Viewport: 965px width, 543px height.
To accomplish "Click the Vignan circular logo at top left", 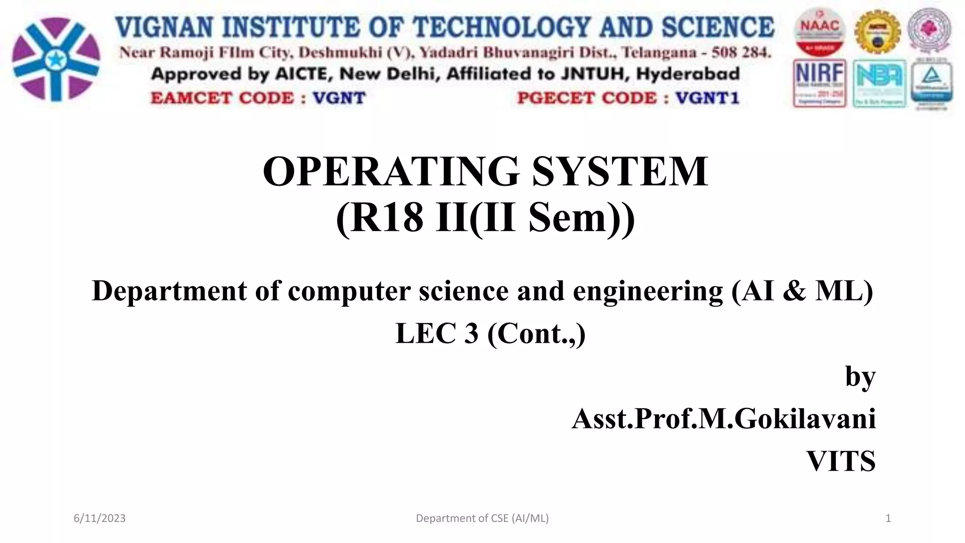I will (x=56, y=59).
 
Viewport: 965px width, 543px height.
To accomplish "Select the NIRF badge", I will (x=819, y=83).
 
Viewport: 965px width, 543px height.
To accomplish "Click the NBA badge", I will (x=879, y=83).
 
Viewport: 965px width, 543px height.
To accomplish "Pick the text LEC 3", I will (x=437, y=334).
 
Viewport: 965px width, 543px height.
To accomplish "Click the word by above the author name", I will (x=860, y=377).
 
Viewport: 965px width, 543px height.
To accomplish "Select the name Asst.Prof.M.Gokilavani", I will (x=723, y=419).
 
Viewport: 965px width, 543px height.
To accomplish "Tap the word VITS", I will (x=841, y=461).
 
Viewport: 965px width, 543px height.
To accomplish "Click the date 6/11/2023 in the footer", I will (x=100, y=518).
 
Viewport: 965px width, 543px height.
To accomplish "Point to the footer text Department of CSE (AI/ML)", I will (x=482, y=518).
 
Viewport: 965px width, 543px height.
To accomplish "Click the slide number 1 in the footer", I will (x=888, y=518).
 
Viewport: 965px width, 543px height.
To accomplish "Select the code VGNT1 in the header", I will (x=707, y=98).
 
